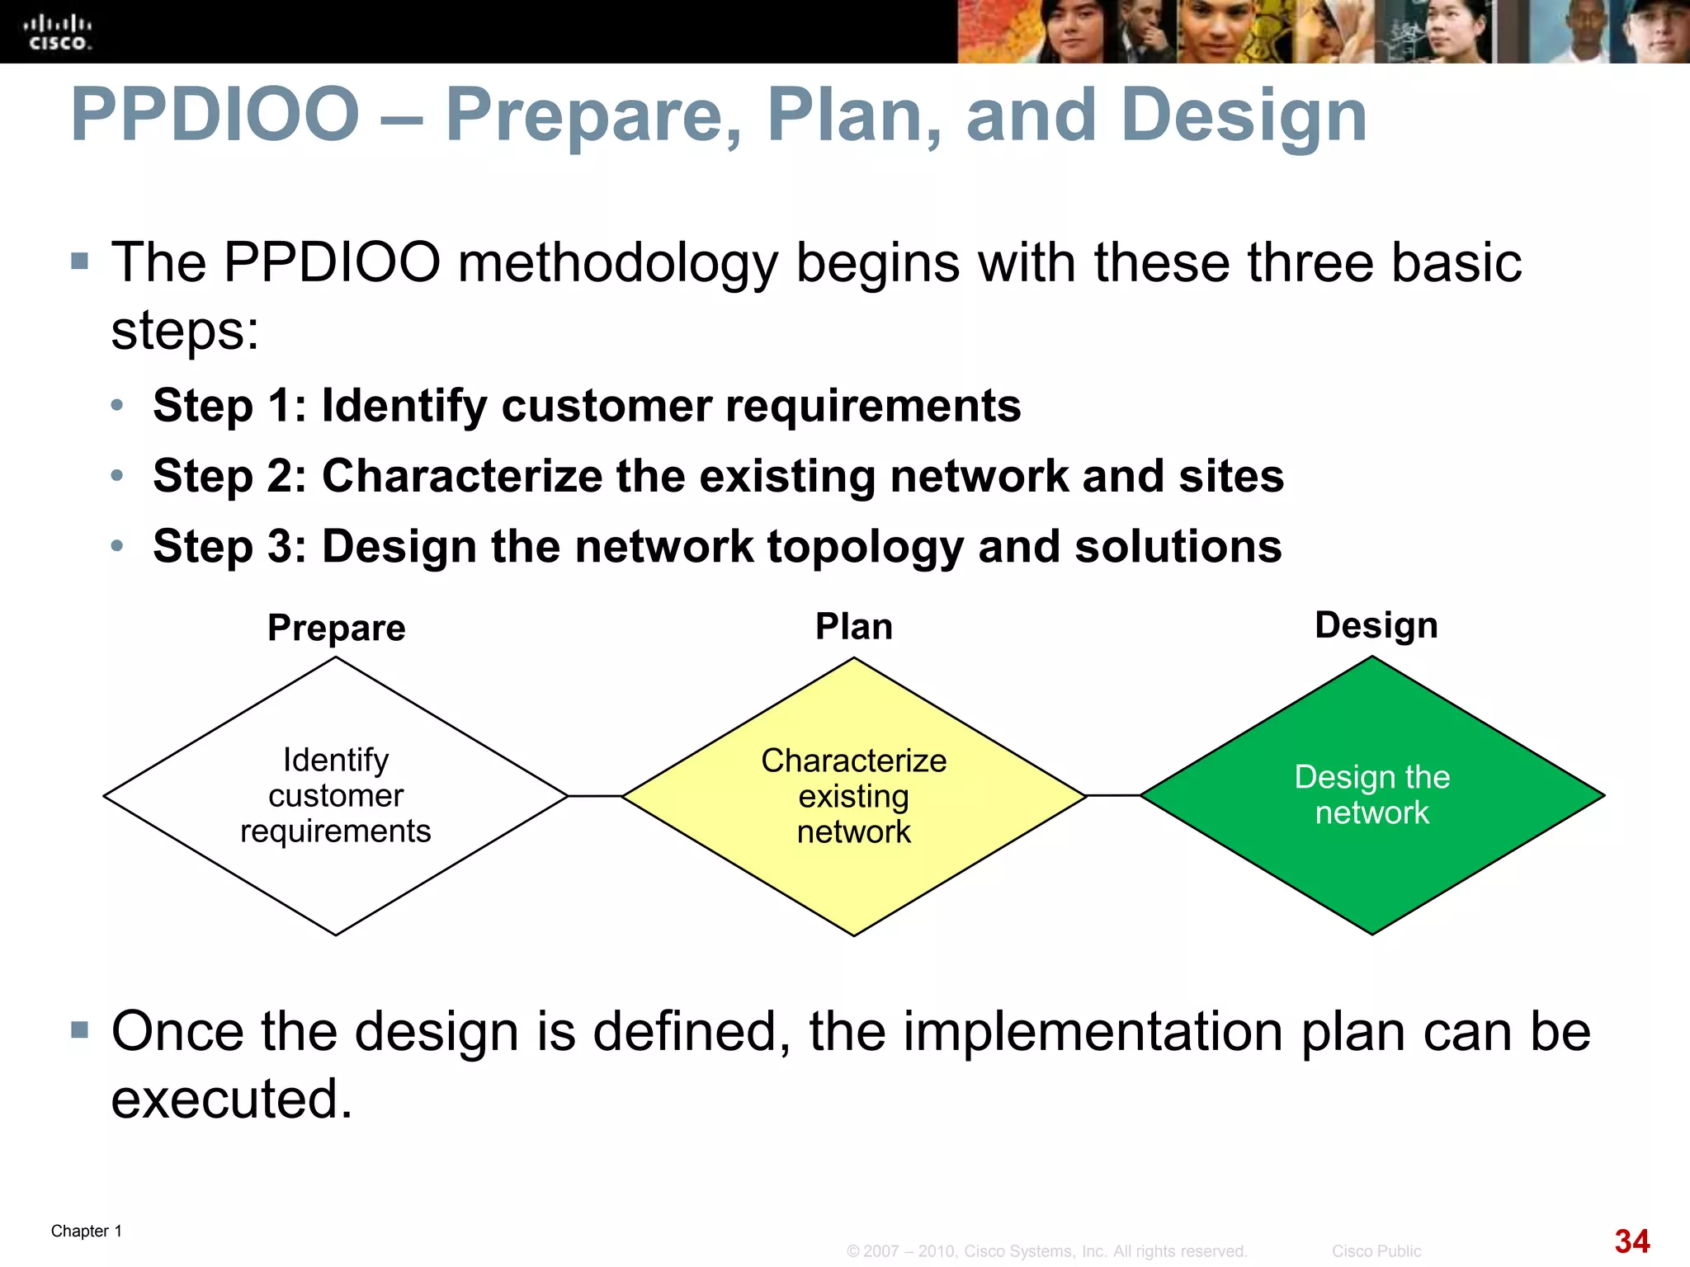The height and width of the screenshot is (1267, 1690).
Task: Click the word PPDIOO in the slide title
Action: pos(215,115)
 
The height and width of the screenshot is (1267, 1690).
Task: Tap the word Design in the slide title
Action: pos(1244,116)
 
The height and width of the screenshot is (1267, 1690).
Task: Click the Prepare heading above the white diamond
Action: pos(337,628)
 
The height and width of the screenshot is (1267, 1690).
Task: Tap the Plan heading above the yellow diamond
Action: pos(854,626)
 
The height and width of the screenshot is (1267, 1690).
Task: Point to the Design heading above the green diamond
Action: pos(1376,624)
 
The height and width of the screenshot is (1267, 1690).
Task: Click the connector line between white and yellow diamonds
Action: pos(595,796)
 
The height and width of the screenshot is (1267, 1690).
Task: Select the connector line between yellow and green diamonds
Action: pos(1113,795)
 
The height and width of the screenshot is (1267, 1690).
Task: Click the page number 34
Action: pos(1631,1241)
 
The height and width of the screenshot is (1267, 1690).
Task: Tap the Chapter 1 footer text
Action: pos(87,1231)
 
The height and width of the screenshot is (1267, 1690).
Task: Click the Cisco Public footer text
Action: pos(1376,1251)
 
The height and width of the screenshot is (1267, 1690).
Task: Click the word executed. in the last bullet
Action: pos(232,1099)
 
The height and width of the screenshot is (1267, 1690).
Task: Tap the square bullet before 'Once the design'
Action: pos(79,1029)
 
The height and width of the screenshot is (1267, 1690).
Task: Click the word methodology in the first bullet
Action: pos(618,263)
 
